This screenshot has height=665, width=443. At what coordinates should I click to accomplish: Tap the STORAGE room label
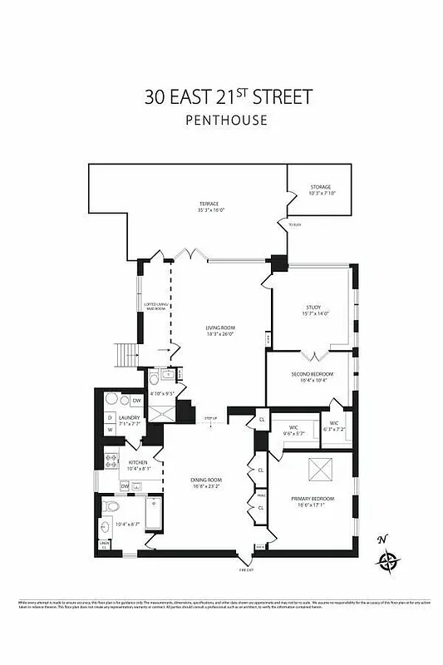coord(320,187)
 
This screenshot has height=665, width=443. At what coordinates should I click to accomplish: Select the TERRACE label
coord(208,204)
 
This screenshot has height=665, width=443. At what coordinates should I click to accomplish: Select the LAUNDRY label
coord(129,417)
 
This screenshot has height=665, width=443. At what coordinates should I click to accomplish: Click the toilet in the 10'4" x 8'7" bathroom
coord(116,506)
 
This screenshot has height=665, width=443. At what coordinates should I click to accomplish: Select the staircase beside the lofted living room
coord(126,355)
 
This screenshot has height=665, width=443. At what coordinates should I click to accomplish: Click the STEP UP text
coord(210,418)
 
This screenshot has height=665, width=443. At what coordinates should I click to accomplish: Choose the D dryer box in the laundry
coord(109,417)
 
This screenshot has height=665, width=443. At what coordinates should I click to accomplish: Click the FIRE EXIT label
coord(246,569)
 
